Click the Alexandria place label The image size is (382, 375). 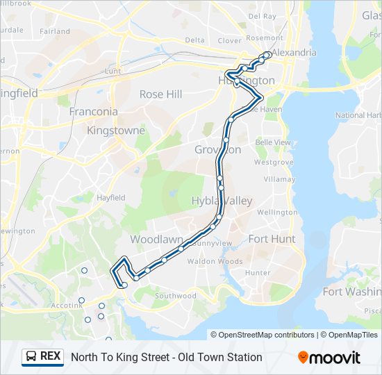(294, 52)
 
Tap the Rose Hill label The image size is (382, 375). (161, 94)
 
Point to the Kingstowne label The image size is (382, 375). (116, 130)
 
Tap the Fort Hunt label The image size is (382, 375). (272, 238)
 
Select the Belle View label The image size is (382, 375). (273, 142)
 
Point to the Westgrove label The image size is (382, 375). (270, 162)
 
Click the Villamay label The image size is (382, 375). (279, 178)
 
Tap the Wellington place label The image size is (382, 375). (277, 212)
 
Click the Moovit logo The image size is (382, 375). (329, 358)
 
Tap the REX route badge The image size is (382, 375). (43, 357)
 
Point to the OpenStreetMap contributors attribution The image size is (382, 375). (263, 335)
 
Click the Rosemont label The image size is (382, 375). (264, 37)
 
